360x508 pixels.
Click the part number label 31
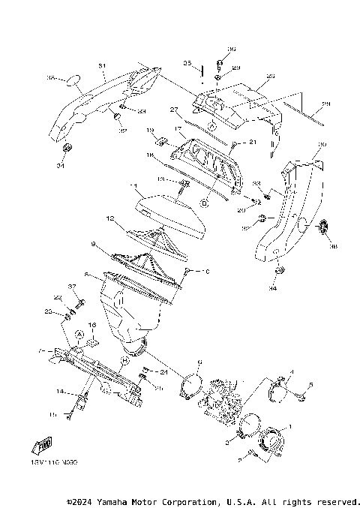[100, 65]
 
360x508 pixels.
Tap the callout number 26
[325, 104]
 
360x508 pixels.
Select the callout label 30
[322, 144]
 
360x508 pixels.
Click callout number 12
[109, 219]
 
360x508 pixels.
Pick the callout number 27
[173, 110]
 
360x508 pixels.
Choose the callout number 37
[73, 287]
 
